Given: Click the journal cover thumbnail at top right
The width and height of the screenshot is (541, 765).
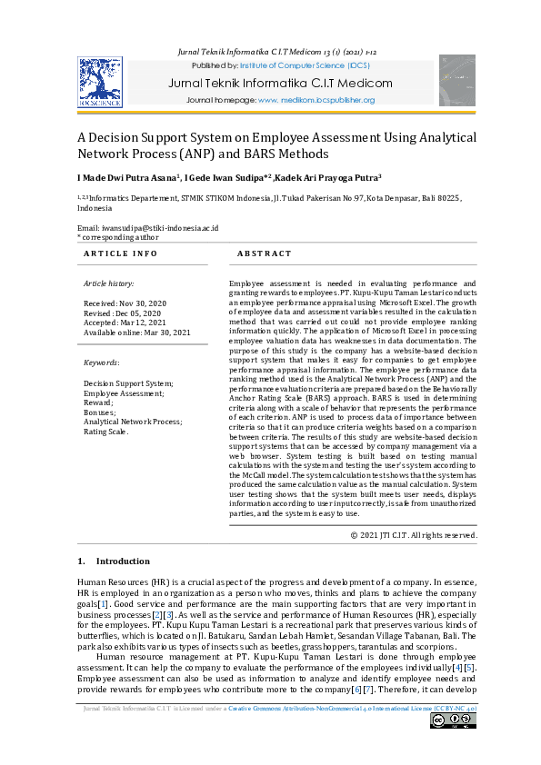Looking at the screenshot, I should (x=456, y=80).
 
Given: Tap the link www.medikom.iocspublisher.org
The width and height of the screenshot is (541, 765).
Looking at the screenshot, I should (x=316, y=100).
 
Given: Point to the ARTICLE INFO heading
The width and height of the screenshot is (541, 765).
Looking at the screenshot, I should (x=121, y=253).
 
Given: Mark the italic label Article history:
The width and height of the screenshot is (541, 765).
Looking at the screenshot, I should (x=110, y=283).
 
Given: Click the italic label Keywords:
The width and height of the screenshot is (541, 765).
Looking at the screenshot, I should (x=102, y=363).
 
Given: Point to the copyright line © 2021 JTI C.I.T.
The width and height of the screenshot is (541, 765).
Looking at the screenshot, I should (x=414, y=535).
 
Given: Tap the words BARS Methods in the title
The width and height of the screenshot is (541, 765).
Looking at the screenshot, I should (x=276, y=154).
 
